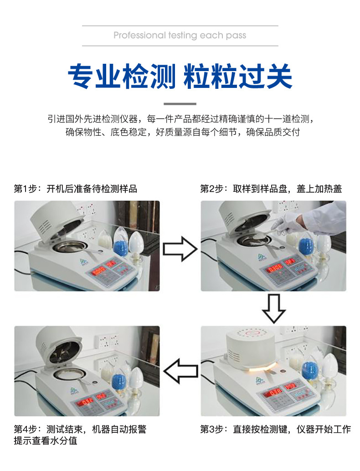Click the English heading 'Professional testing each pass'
click(x=180, y=36)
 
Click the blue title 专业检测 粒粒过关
click(x=180, y=76)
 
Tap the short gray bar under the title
click(x=180, y=104)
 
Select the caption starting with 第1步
click(x=76, y=189)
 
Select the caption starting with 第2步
click(x=271, y=189)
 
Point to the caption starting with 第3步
click(x=276, y=429)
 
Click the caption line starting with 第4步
click(x=80, y=429)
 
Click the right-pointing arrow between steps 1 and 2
click(x=180, y=249)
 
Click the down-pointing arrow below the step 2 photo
click(x=274, y=309)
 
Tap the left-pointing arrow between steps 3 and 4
click(x=180, y=371)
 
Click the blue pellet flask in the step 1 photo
click(x=120, y=242)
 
